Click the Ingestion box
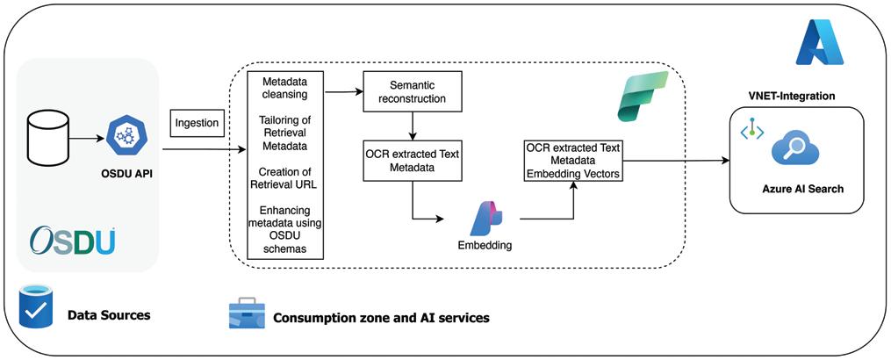pyautogui.click(x=196, y=124)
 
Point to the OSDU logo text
pyautogui.click(x=72, y=241)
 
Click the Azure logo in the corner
pyautogui.click(x=818, y=43)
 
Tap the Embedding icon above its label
pyautogui.click(x=485, y=218)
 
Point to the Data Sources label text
pyautogui.click(x=109, y=314)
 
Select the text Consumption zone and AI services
pyautogui.click(x=381, y=317)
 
